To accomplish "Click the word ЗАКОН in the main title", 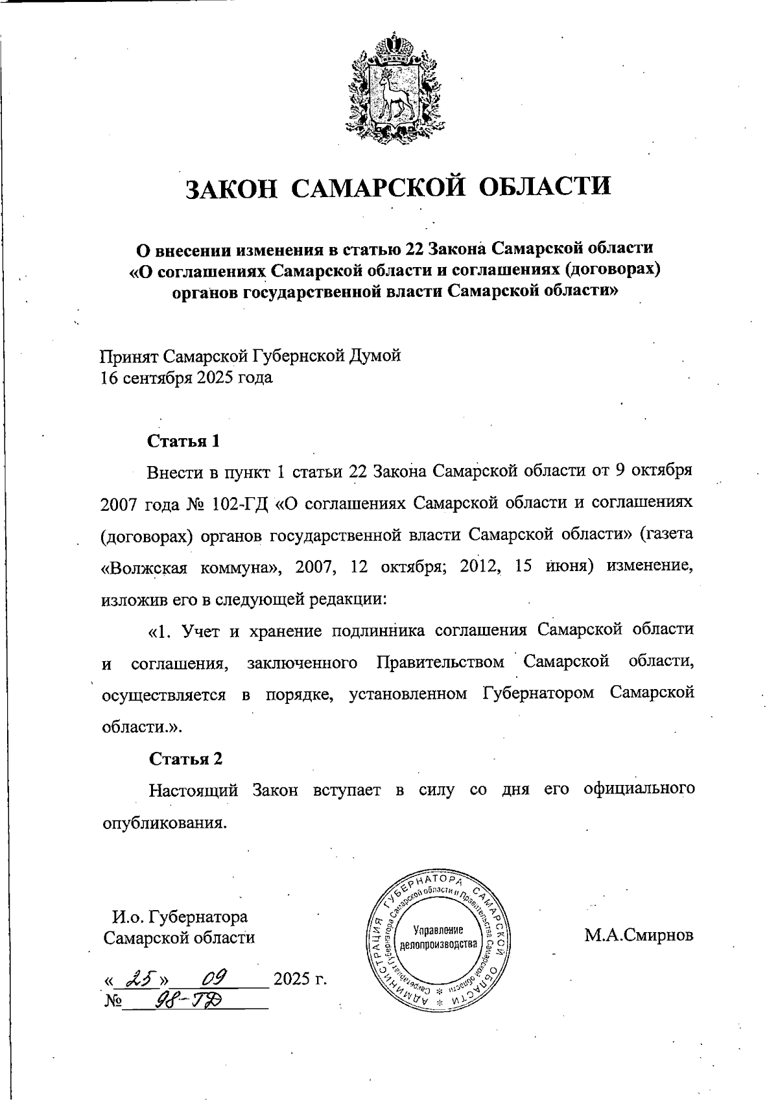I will (x=232, y=187).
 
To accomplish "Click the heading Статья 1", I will (x=184, y=441).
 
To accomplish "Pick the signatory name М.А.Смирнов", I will (x=639, y=935).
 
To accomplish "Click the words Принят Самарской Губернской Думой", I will (x=250, y=356).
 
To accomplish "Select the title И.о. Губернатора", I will (x=180, y=917).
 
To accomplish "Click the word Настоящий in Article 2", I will (x=194, y=791).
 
